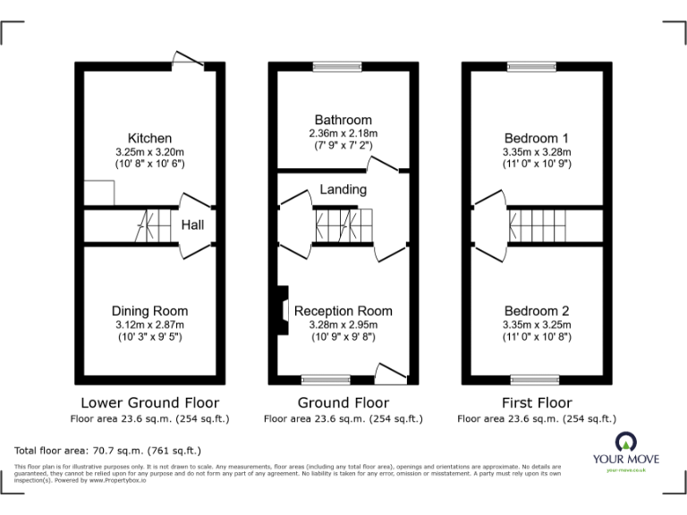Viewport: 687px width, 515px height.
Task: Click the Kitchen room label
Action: click(149, 138)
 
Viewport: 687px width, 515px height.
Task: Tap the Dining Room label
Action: click(149, 310)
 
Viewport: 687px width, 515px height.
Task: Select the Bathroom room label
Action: click(343, 120)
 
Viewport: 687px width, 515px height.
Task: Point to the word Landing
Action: click(343, 190)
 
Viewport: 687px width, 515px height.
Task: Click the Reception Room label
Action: click(343, 310)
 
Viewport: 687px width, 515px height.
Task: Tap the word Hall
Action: click(193, 225)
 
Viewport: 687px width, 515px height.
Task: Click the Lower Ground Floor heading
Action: click(149, 402)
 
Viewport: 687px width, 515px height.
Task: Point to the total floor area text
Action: click(108, 451)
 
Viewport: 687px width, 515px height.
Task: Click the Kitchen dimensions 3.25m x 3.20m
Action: click(149, 151)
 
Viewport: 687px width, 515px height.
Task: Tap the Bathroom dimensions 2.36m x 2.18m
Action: click(343, 133)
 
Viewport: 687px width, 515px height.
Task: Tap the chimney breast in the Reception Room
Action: click(281, 311)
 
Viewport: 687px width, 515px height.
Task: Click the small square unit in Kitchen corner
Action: click(100, 192)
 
